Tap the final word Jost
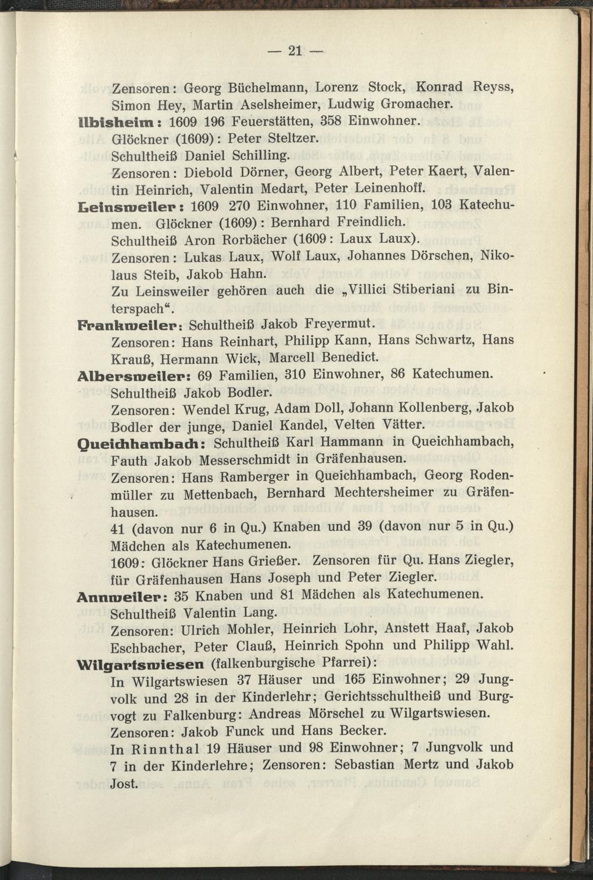[124, 783]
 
